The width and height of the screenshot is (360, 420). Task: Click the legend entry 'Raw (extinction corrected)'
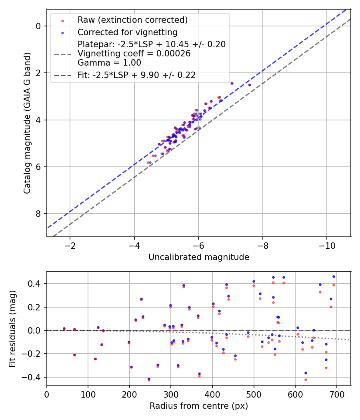pos(132,20)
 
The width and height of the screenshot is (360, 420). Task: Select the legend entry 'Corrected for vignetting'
pos(127,32)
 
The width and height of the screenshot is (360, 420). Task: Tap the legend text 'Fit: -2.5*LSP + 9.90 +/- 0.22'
pos(136,75)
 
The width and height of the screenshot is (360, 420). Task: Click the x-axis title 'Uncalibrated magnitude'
pos(199,257)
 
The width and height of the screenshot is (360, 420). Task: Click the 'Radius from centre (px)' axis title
pos(199,406)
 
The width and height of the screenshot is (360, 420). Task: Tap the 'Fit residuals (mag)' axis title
pos(12,328)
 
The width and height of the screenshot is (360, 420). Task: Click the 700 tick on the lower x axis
pos(336,394)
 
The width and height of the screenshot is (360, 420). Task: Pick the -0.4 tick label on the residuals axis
pos(33,377)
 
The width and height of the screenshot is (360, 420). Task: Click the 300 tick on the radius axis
pos(171,394)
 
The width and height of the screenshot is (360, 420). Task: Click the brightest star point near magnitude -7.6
pos(250,85)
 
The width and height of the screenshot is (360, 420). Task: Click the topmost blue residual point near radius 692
pos(334,276)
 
